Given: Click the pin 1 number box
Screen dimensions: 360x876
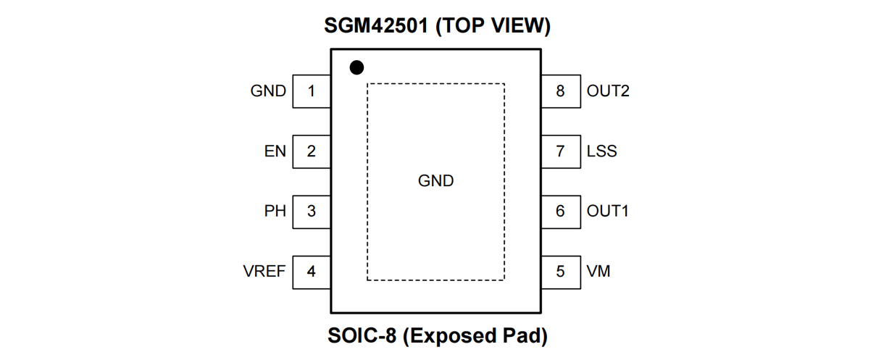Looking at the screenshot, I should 312,91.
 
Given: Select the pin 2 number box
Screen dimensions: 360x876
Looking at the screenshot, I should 312,151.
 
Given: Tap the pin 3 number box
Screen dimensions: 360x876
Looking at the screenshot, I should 312,212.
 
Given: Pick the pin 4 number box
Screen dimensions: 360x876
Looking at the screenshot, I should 312,272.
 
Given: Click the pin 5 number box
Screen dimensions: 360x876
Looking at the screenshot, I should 560,272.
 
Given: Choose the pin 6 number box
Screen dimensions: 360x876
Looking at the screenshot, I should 560,212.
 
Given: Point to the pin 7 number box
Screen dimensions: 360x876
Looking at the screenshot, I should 560,151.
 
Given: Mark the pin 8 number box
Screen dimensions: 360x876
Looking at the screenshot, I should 560,91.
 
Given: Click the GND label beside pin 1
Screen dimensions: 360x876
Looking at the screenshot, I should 268,91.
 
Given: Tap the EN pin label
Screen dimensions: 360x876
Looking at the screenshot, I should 275,151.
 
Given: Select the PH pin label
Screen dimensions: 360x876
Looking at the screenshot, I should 275,212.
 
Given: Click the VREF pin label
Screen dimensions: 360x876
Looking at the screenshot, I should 264,272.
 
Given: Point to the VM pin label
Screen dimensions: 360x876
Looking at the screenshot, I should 598,272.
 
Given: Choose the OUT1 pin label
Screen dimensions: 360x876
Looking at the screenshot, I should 608,212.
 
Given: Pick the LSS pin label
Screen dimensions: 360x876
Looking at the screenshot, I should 602,151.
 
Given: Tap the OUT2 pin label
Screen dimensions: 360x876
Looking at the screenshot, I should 608,91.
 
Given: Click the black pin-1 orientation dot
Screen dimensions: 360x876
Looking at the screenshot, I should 356,67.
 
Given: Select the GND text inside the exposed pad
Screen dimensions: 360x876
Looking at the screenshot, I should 436,180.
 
